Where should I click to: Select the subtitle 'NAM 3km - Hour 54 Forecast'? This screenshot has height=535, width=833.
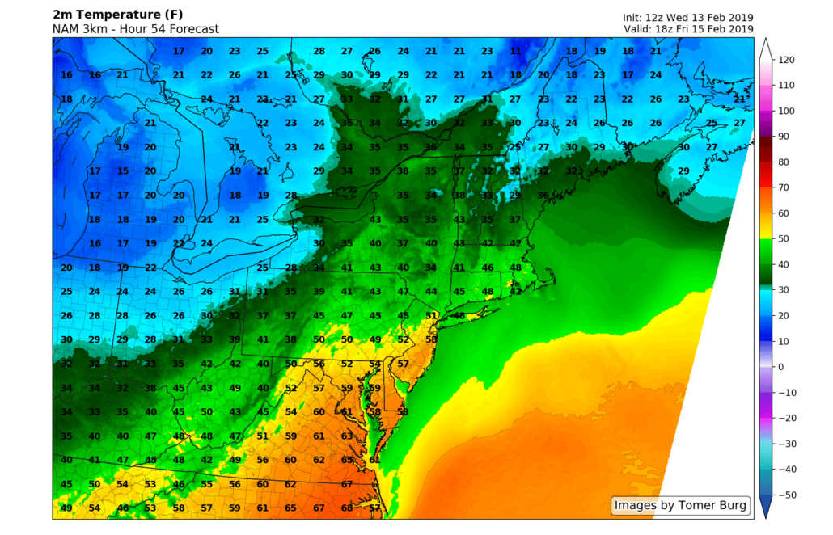pyautogui.click(x=136, y=29)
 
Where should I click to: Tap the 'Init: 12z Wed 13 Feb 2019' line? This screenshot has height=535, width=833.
pyautogui.click(x=687, y=17)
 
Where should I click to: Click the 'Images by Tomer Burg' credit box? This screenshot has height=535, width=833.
pyautogui.click(x=680, y=506)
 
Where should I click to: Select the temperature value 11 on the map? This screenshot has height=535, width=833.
pyautogui.click(x=515, y=51)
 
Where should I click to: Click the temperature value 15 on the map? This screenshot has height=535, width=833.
pyautogui.click(x=123, y=171)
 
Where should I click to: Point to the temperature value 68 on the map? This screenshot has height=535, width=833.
pyautogui.click(x=347, y=508)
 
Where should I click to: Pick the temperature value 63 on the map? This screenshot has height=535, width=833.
pyautogui.click(x=347, y=436)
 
